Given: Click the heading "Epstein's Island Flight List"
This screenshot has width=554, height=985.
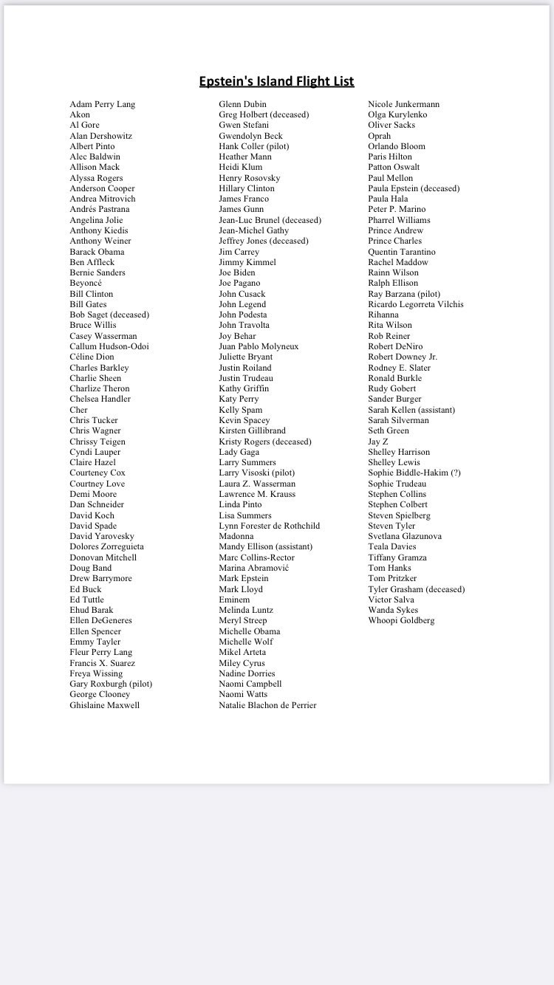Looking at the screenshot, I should (276, 81).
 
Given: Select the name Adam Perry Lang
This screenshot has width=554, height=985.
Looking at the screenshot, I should (103, 104).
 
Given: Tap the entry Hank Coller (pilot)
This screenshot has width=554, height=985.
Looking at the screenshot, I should (254, 146).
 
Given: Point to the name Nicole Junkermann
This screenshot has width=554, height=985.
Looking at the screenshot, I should (403, 104).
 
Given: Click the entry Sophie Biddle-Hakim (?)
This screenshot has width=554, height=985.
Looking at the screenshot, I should (414, 473).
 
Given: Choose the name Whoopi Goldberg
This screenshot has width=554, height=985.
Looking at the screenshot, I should (401, 620).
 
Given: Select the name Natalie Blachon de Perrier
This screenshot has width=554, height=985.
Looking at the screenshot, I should (267, 705).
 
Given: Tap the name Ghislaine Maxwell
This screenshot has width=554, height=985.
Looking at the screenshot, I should (104, 705).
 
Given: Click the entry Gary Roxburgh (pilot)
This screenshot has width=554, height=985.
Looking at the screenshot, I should (111, 684).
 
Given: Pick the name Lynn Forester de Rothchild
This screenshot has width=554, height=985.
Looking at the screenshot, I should (270, 526).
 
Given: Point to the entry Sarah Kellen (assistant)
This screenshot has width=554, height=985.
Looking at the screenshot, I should (411, 410).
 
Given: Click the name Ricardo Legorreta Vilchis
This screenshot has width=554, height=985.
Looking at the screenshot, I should (416, 304).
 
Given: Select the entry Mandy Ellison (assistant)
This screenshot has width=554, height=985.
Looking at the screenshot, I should (266, 546).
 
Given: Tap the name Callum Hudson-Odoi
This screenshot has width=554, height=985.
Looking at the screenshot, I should (109, 346).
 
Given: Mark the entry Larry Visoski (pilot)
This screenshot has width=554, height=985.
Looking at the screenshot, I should (257, 473).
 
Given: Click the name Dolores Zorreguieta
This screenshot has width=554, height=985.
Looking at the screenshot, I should (107, 546).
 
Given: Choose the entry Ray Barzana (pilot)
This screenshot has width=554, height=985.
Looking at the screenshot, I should (404, 294).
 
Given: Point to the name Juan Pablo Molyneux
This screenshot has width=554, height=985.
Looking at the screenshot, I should (259, 346).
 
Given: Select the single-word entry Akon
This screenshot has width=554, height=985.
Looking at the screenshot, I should (80, 114).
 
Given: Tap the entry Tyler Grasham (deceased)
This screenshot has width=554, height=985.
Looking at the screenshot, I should (417, 589).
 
